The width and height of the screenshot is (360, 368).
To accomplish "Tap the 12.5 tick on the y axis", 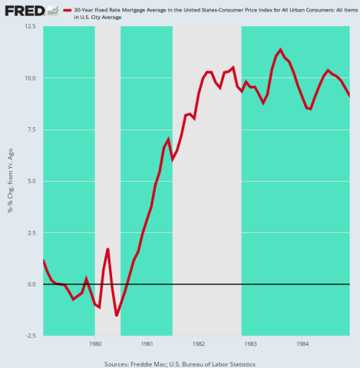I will coord(31,26).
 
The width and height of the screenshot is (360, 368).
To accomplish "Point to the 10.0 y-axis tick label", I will coord(31,77).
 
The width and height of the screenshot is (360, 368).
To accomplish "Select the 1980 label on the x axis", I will coord(94,344).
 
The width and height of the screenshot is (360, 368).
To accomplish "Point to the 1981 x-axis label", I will coord(147,344).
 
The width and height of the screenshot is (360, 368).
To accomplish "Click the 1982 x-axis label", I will coord(198,344).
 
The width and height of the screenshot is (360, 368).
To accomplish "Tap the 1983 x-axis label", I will coord(249,344).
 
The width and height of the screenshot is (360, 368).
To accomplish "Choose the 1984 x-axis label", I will coord(301,344).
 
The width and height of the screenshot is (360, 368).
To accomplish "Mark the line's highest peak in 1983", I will coord(280,50).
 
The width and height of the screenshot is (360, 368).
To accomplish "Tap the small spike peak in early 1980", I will coord(108,249).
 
